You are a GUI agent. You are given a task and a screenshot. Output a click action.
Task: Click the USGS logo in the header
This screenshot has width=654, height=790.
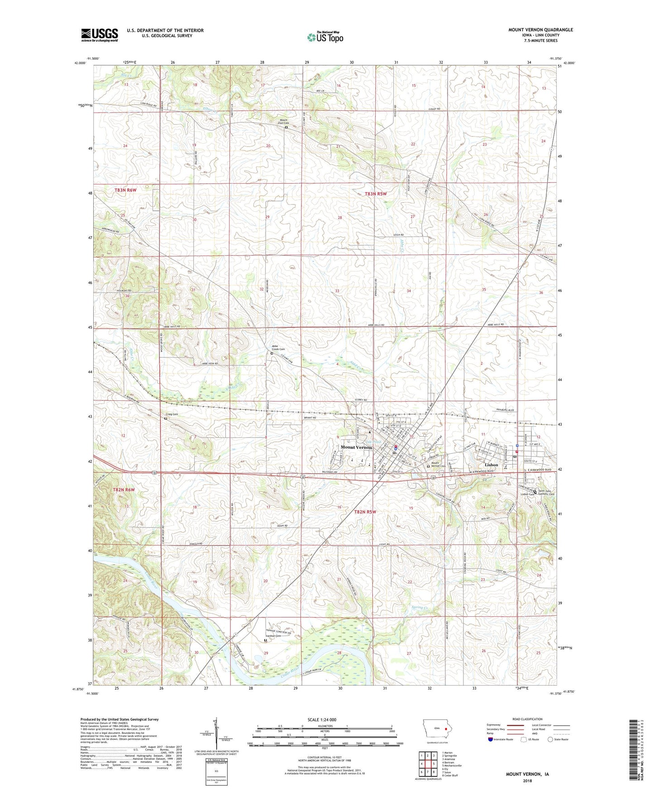99,35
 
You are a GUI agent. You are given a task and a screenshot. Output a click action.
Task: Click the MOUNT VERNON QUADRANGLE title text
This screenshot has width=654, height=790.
540,30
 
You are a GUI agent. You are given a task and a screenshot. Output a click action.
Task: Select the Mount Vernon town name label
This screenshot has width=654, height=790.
356,447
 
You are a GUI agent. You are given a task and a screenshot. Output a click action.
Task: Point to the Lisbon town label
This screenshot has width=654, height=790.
491,465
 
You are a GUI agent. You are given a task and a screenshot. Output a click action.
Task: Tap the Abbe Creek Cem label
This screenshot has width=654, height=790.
278,348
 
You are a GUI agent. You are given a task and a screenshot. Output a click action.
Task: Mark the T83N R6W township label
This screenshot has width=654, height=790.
125,190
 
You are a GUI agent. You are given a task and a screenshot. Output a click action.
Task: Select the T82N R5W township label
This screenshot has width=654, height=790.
364,512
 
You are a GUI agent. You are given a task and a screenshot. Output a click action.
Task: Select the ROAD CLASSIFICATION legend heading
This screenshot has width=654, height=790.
527,719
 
